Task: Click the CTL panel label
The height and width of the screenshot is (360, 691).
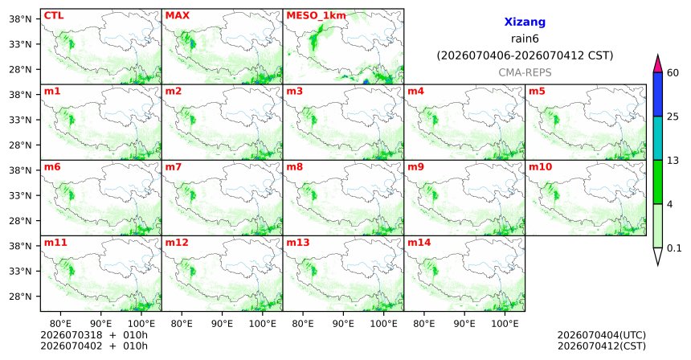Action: click(54, 15)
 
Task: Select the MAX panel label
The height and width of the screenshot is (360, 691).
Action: click(177, 15)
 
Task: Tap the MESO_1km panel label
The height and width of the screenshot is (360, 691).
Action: click(316, 16)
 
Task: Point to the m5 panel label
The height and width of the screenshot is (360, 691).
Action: click(537, 92)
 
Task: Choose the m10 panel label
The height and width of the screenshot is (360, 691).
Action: click(540, 167)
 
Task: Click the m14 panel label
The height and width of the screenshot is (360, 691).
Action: click(419, 243)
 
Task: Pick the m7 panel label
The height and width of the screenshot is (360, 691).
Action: click(174, 167)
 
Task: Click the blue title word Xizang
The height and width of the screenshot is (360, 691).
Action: click(525, 22)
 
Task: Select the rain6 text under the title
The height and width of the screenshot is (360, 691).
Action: click(525, 39)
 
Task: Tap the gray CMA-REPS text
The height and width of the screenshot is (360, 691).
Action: click(525, 72)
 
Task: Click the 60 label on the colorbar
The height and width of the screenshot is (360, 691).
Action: click(673, 72)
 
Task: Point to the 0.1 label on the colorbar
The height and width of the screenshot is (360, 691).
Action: click(674, 248)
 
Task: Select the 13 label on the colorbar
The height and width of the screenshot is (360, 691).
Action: click(673, 161)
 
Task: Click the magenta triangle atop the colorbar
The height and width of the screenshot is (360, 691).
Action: click(658, 63)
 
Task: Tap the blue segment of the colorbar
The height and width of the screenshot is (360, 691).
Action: click(658, 94)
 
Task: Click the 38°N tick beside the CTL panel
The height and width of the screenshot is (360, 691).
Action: click(21, 19)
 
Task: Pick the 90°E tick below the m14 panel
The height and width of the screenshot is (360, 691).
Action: click(464, 324)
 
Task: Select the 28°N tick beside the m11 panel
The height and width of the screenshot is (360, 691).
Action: click(21, 296)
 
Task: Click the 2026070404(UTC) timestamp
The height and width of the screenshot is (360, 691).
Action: click(602, 335)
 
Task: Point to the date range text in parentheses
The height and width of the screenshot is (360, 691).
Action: click(525, 55)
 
